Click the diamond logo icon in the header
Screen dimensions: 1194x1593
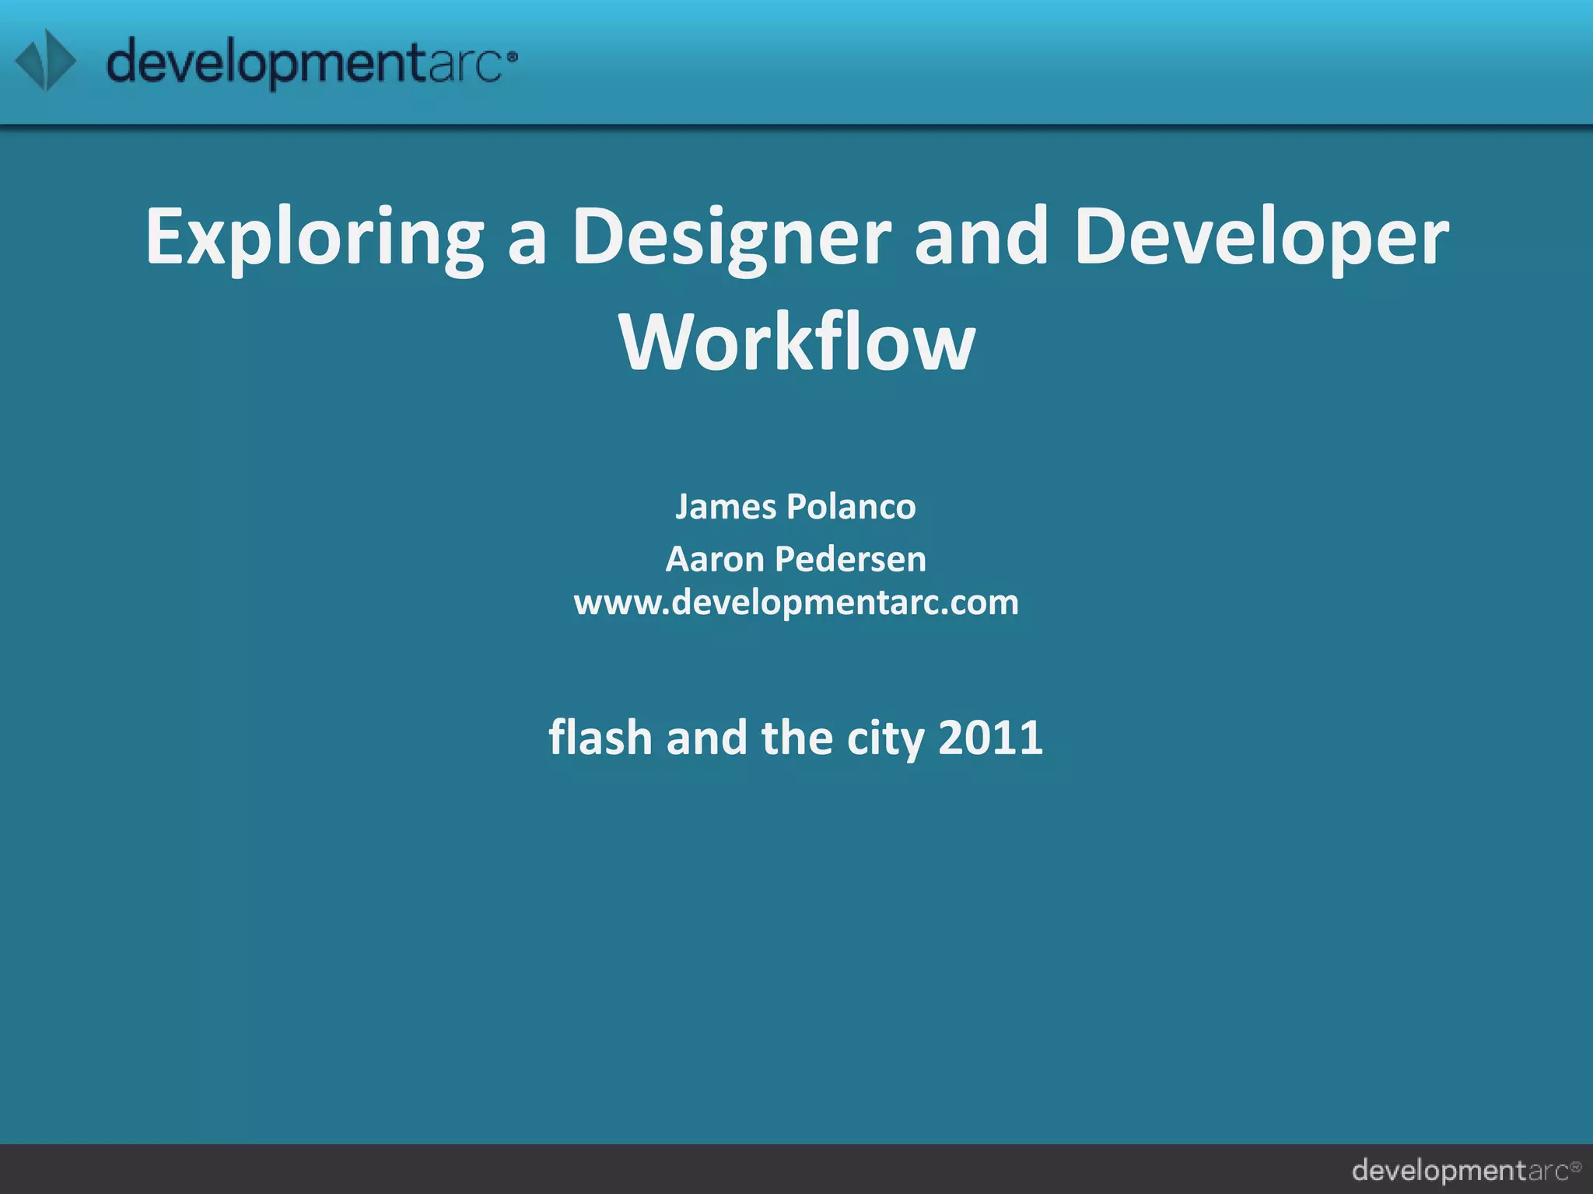pyautogui.click(x=46, y=61)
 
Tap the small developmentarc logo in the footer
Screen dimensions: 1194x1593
pyautogui.click(x=1466, y=1170)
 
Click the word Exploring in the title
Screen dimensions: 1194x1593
pyautogui.click(x=314, y=238)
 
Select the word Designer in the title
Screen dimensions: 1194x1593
pyautogui.click(x=731, y=238)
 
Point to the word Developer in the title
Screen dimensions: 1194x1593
pyautogui.click(x=1261, y=238)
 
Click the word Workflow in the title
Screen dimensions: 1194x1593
pyautogui.click(x=796, y=342)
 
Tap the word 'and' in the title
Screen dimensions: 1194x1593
pyautogui.click(x=982, y=236)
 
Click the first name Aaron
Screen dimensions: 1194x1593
pyautogui.click(x=715, y=559)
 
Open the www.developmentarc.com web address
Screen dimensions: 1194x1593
pyautogui.click(x=796, y=602)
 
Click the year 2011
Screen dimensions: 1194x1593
pyautogui.click(x=990, y=737)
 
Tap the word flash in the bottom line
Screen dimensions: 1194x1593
pyautogui.click(x=600, y=737)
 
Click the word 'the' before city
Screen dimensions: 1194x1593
pyautogui.click(x=796, y=737)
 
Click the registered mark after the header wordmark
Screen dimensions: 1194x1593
pyautogui.click(x=512, y=56)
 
